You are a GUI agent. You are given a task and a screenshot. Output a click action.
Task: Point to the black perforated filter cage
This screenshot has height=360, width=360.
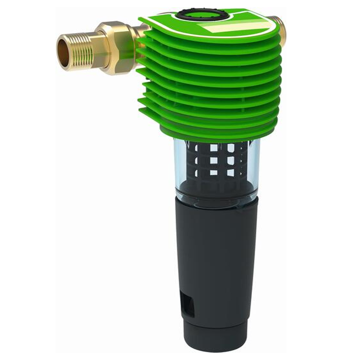tap(216, 162)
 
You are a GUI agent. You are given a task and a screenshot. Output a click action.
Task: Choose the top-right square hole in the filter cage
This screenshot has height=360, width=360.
tap(231, 148)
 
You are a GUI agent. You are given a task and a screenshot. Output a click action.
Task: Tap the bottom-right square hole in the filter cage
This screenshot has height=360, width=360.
tap(231, 172)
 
